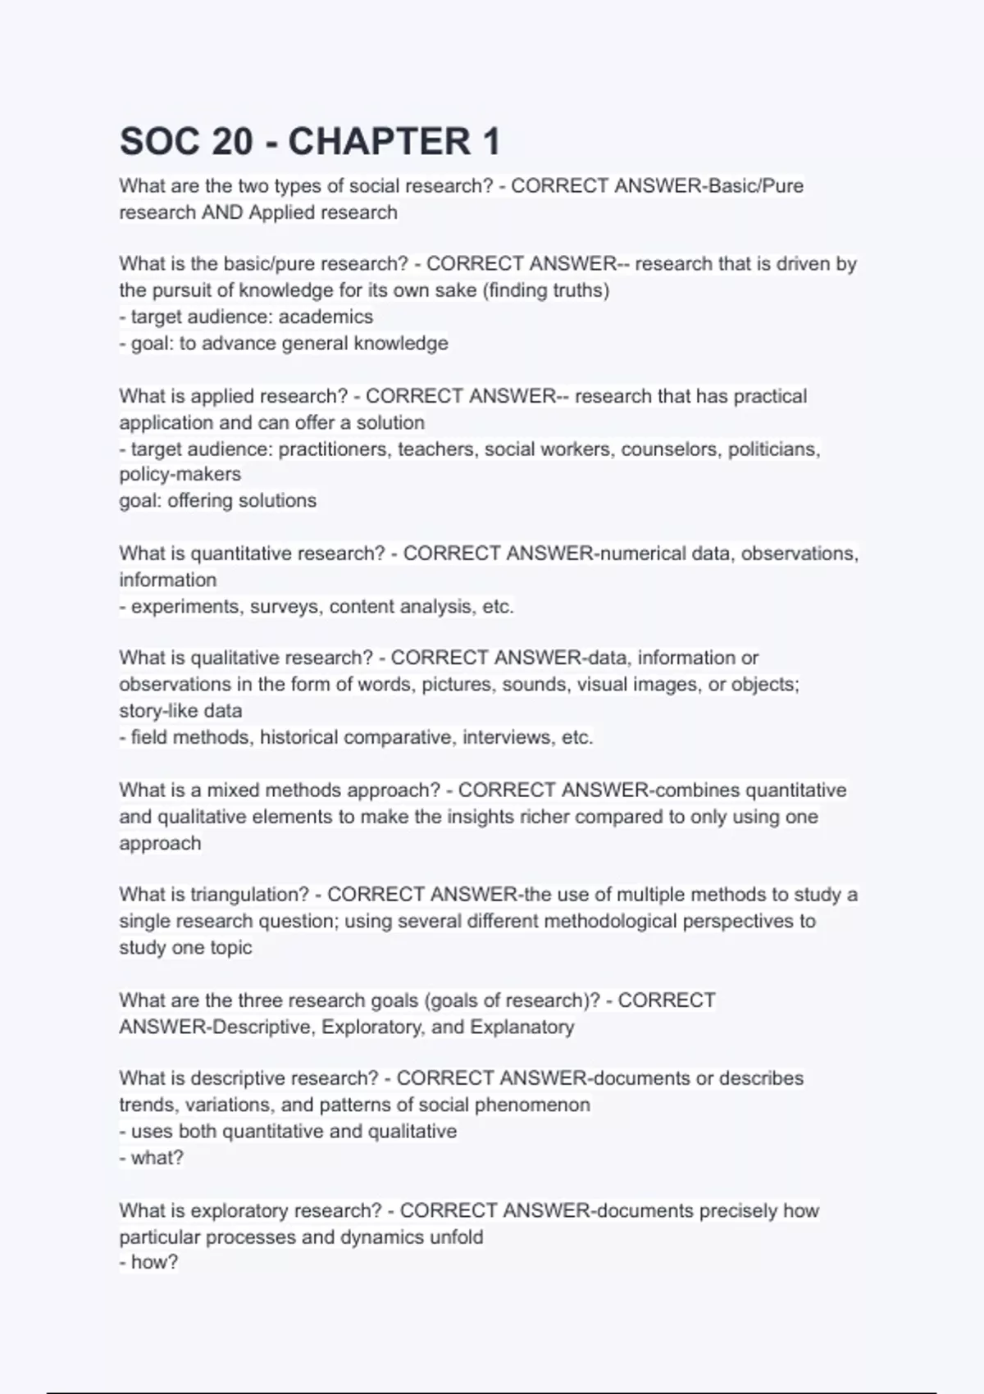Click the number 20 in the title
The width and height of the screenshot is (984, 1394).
click(x=232, y=142)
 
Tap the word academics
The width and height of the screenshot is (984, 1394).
click(x=326, y=317)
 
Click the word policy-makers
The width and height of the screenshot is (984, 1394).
click(x=180, y=474)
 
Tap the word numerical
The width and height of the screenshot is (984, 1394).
click(x=643, y=553)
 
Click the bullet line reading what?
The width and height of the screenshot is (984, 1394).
click(x=152, y=1158)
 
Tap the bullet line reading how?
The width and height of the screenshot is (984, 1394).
click(x=149, y=1262)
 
